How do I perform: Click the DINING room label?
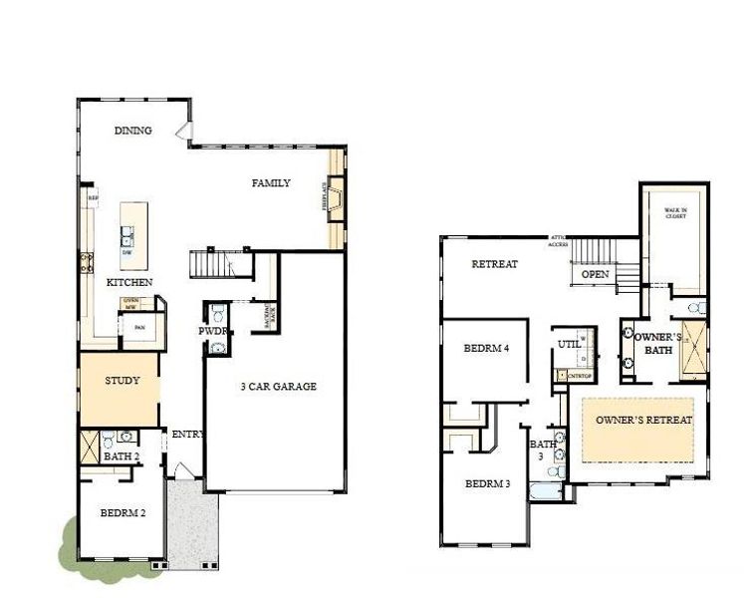pyautogui.click(x=133, y=131)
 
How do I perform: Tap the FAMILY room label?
pyautogui.click(x=271, y=183)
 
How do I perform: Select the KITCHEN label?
pyautogui.click(x=129, y=283)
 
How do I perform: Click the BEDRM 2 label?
pyautogui.click(x=124, y=514)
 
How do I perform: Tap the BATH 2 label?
pyautogui.click(x=122, y=457)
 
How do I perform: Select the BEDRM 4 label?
pyautogui.click(x=487, y=350)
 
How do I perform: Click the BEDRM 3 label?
pyautogui.click(x=488, y=484)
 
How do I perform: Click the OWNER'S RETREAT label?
pyautogui.click(x=643, y=421)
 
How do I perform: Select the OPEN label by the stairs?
pyautogui.click(x=595, y=274)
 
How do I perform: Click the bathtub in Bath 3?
pyautogui.click(x=546, y=492)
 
